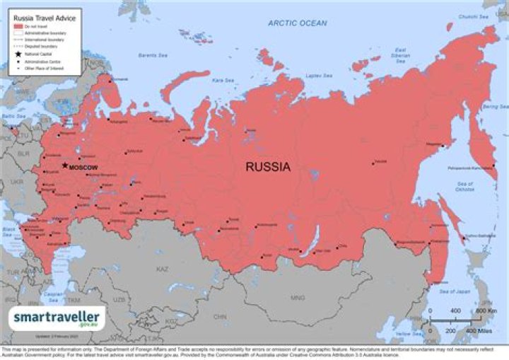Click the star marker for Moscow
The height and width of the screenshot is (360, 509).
click(x=65, y=166)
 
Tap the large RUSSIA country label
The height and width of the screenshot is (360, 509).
click(x=268, y=168)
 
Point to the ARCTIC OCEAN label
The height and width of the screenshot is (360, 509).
click(x=297, y=23)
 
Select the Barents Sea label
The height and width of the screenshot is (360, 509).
click(x=152, y=54)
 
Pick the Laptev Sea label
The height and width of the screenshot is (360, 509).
click(x=319, y=74)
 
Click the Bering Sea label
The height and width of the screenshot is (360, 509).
click(x=490, y=107)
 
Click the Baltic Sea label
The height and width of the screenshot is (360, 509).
click(x=8, y=115)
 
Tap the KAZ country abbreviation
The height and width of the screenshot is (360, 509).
click(x=162, y=269)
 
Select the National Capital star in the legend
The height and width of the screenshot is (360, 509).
click(x=16, y=53)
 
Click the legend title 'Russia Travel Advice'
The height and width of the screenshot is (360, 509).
click(x=36, y=15)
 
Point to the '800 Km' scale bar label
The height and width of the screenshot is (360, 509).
click(x=485, y=311)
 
